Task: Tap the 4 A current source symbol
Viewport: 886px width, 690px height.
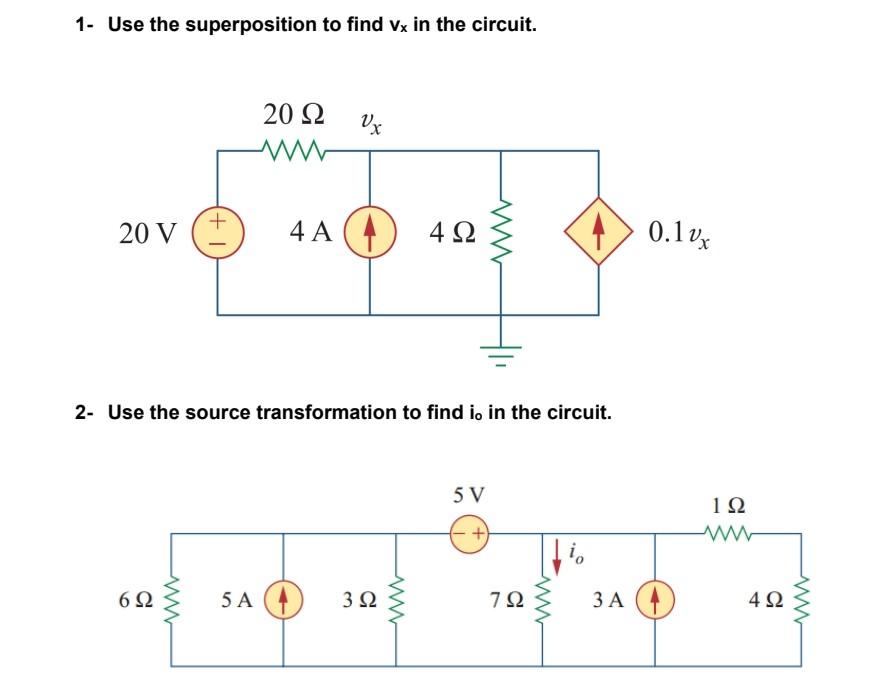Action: click(x=370, y=233)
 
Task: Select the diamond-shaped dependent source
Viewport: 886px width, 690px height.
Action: click(x=598, y=233)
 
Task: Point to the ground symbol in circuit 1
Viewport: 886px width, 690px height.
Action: click(x=497, y=352)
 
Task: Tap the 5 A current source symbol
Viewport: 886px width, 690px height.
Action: click(x=283, y=601)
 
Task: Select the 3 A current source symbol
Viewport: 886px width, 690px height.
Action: click(x=654, y=601)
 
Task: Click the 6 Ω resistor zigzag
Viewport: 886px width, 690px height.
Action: click(x=172, y=601)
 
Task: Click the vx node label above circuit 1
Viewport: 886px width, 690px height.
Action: click(x=369, y=123)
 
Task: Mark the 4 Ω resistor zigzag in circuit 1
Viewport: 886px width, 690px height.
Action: click(x=497, y=233)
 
